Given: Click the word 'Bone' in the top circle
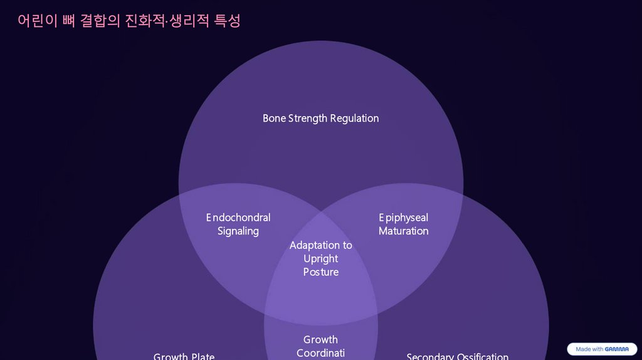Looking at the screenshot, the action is (274, 118).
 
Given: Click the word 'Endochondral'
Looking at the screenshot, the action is (238, 218).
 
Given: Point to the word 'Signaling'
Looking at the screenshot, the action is (238, 231).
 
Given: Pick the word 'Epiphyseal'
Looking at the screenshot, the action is (404, 218).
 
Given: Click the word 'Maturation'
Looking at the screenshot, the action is (404, 231).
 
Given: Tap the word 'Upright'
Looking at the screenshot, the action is (321, 258).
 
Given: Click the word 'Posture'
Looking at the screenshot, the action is (321, 272).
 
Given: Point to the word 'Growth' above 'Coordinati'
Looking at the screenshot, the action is (321, 340).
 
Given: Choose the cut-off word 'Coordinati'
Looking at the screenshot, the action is (321, 353).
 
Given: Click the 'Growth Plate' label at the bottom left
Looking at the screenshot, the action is (184, 356).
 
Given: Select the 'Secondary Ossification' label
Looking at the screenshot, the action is (458, 356).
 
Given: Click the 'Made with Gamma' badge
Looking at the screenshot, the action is (602, 349).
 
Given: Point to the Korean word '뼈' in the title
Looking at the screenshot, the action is (70, 21).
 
